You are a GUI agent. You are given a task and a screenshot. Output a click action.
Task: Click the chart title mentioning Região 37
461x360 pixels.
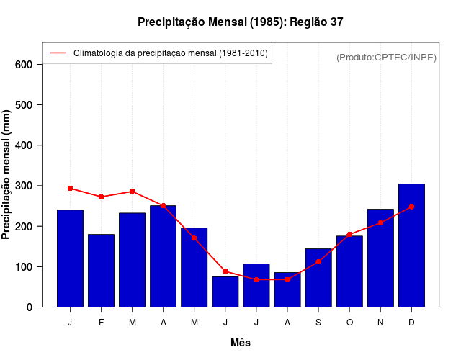pos(241,22)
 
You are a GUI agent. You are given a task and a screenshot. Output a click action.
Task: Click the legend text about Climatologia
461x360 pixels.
pos(170,53)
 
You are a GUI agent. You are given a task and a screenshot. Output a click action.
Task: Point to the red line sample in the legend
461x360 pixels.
pos(58,53)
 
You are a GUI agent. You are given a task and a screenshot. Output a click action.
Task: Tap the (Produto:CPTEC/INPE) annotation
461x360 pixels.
pos(386,58)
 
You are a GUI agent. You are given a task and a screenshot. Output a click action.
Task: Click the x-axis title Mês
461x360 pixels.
pos(241,343)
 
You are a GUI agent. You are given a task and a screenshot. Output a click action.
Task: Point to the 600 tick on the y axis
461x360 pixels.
pos(24,65)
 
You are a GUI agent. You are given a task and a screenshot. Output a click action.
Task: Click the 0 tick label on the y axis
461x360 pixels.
pos(30,307)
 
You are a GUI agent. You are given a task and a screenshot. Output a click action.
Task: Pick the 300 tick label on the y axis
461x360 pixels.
pos(24,186)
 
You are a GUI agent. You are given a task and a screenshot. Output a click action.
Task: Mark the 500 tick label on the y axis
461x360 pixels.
pos(24,105)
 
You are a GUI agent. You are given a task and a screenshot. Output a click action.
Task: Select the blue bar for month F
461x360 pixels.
pos(102,271)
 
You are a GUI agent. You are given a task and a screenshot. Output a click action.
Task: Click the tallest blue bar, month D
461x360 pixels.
pos(411,246)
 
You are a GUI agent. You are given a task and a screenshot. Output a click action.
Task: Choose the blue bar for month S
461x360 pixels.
pos(318,278)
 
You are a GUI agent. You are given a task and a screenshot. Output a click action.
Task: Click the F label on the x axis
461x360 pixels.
pos(102,323)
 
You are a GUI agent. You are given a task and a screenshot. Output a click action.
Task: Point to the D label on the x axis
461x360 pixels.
pos(411,323)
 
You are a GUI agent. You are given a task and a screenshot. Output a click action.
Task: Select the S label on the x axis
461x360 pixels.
pos(318,323)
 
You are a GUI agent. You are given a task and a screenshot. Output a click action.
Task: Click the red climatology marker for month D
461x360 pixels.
pos(411,207)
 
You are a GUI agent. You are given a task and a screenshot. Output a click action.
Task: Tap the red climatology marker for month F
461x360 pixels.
pos(102,197)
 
